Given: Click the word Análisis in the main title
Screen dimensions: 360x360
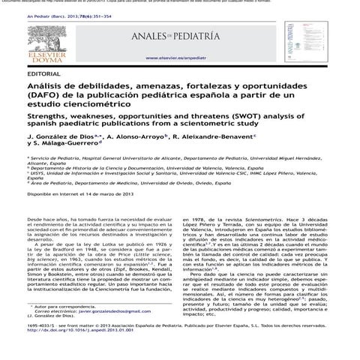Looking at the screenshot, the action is (x=49, y=88).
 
